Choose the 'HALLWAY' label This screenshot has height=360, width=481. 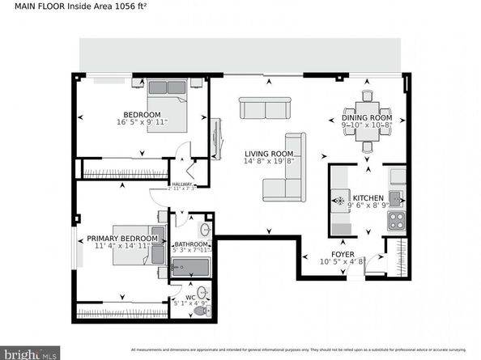coord(181,184)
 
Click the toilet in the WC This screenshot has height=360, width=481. coord(205,311)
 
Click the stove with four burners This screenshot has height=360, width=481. coord(396,221)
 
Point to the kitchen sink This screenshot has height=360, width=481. coord(396,198)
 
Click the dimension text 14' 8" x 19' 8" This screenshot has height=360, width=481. coord(269,161)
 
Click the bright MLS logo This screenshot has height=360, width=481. coord(30,352)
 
